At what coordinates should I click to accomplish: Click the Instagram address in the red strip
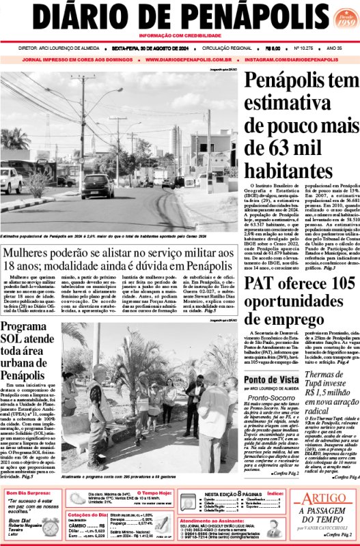292,60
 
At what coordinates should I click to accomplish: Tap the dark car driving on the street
98,185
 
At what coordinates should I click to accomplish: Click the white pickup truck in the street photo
11,181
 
